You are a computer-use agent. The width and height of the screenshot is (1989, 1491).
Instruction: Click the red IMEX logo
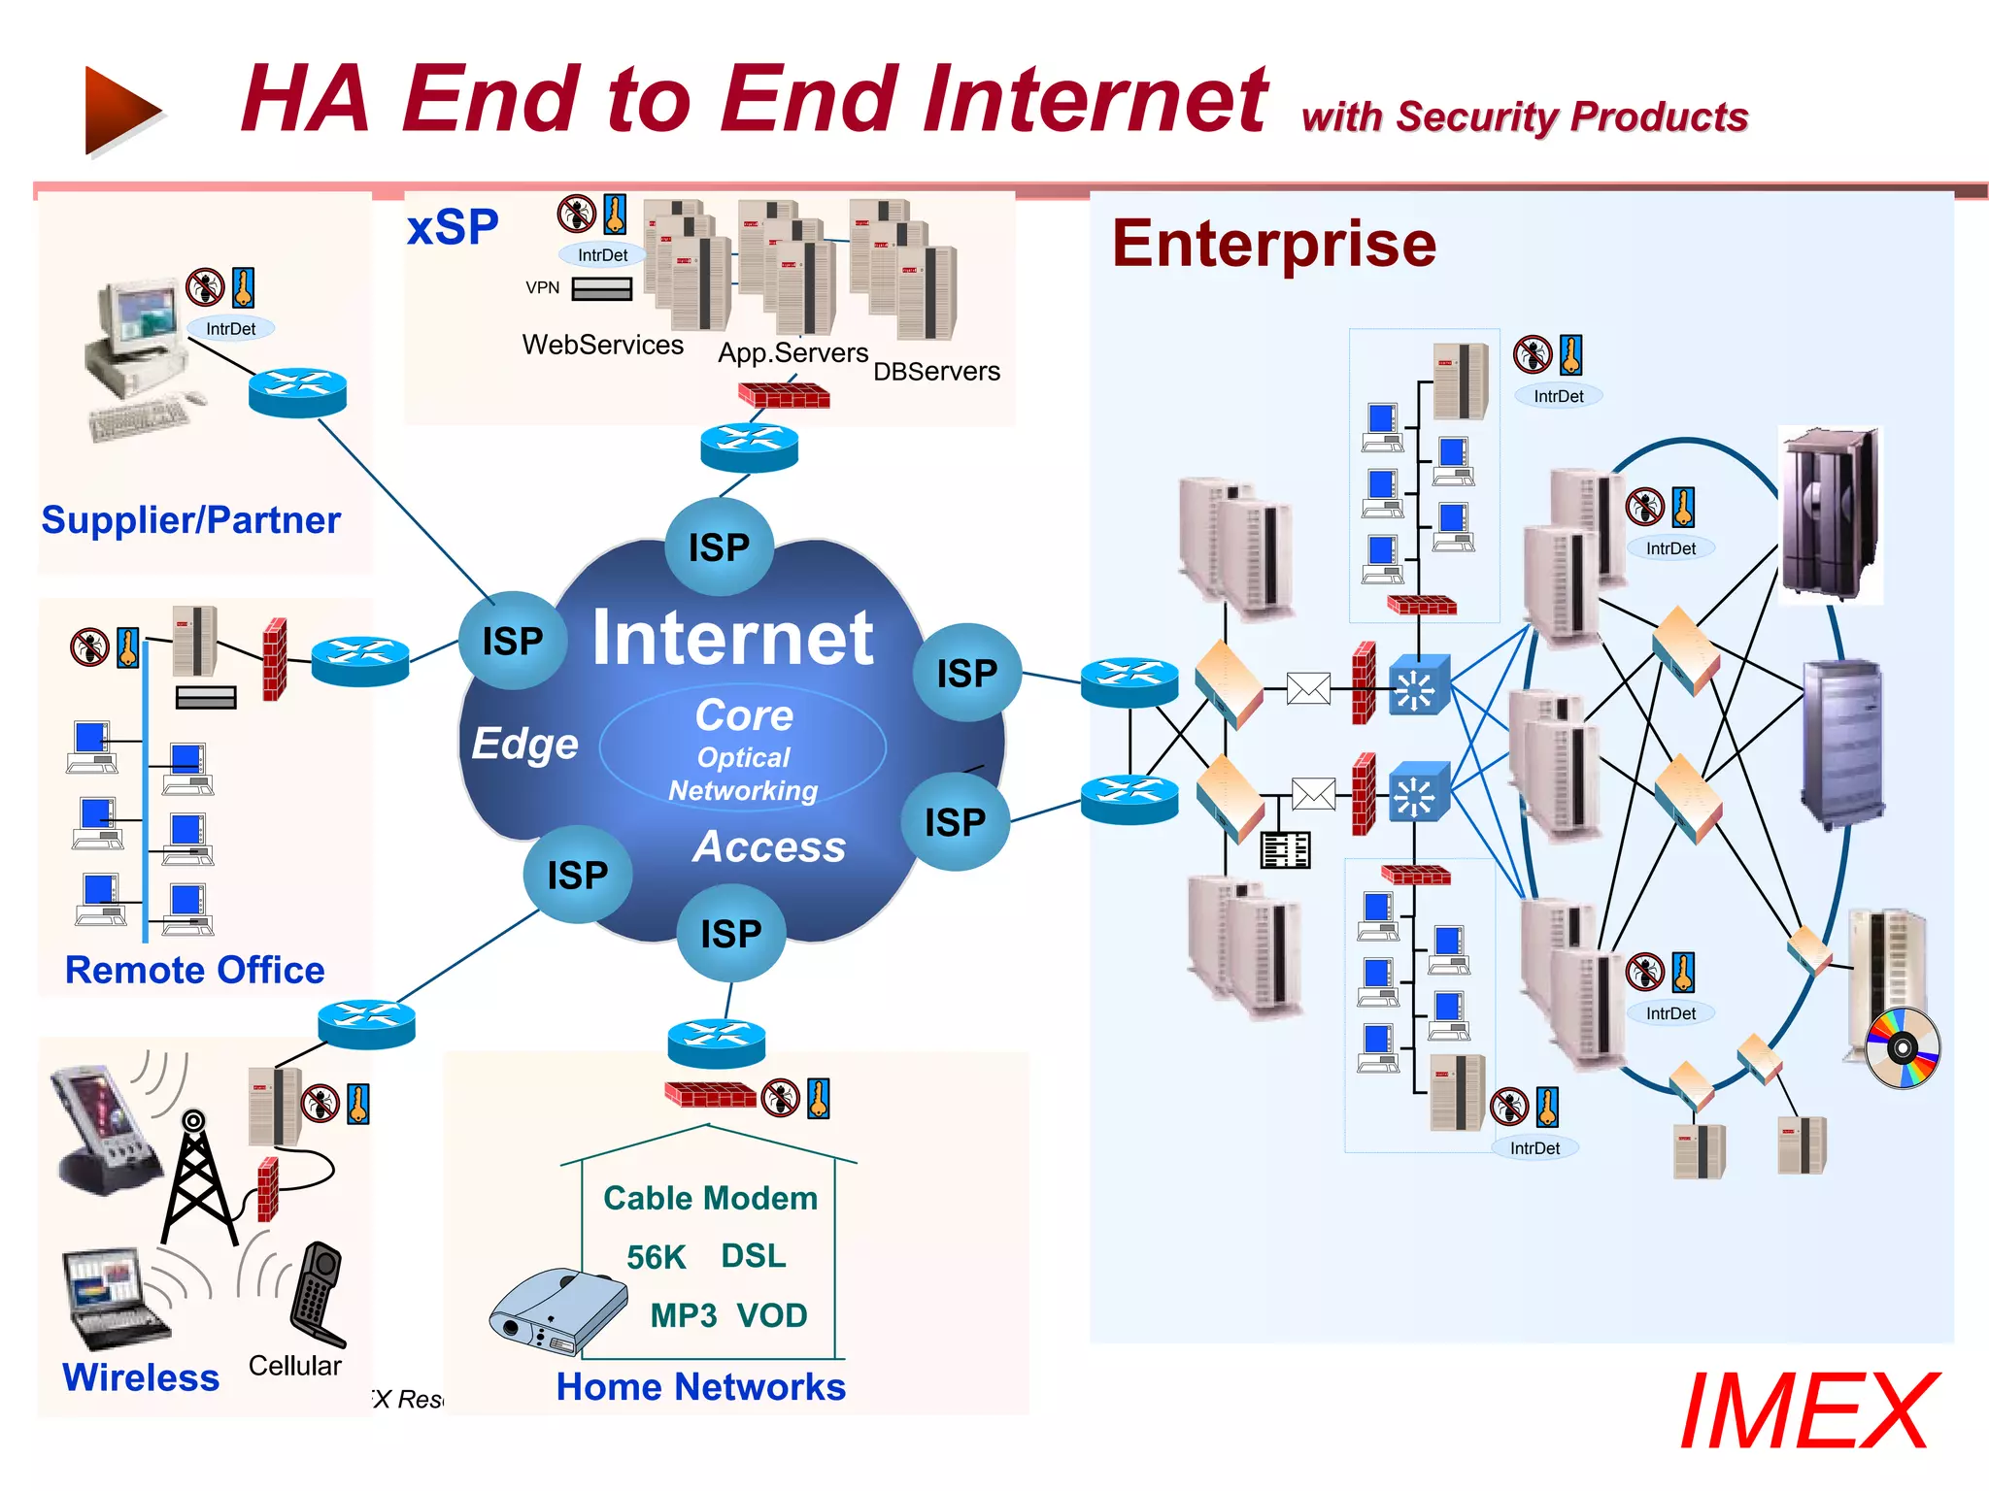click(x=1808, y=1411)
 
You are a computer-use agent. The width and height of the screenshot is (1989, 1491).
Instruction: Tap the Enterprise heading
click(x=1273, y=244)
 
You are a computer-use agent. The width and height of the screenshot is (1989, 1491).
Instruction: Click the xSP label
click(x=453, y=227)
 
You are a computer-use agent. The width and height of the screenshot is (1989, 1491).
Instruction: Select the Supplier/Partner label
click(x=190, y=520)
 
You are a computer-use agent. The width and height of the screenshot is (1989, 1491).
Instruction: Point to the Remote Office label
click(x=194, y=970)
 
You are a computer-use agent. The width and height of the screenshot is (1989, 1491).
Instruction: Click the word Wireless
click(x=141, y=1377)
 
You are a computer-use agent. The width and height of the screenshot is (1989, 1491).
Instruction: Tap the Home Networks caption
click(x=700, y=1386)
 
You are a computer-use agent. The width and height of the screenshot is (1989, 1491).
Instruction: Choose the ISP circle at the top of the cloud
click(x=719, y=547)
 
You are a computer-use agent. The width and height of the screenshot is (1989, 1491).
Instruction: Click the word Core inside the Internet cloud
click(x=744, y=715)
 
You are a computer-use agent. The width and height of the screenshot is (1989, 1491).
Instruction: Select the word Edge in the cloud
click(x=524, y=744)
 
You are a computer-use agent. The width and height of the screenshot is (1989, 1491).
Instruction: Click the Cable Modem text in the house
click(x=710, y=1198)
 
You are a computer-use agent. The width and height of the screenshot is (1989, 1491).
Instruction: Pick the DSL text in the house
click(x=753, y=1255)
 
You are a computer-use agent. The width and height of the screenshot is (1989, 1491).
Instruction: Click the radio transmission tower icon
click(x=197, y=1179)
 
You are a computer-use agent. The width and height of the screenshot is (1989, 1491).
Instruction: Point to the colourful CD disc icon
click(x=1902, y=1048)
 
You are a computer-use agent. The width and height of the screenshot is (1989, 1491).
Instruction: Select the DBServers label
click(x=936, y=372)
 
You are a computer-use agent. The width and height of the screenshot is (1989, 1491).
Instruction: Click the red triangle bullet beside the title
click(x=120, y=111)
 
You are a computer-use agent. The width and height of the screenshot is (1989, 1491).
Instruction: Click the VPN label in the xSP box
click(x=542, y=287)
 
